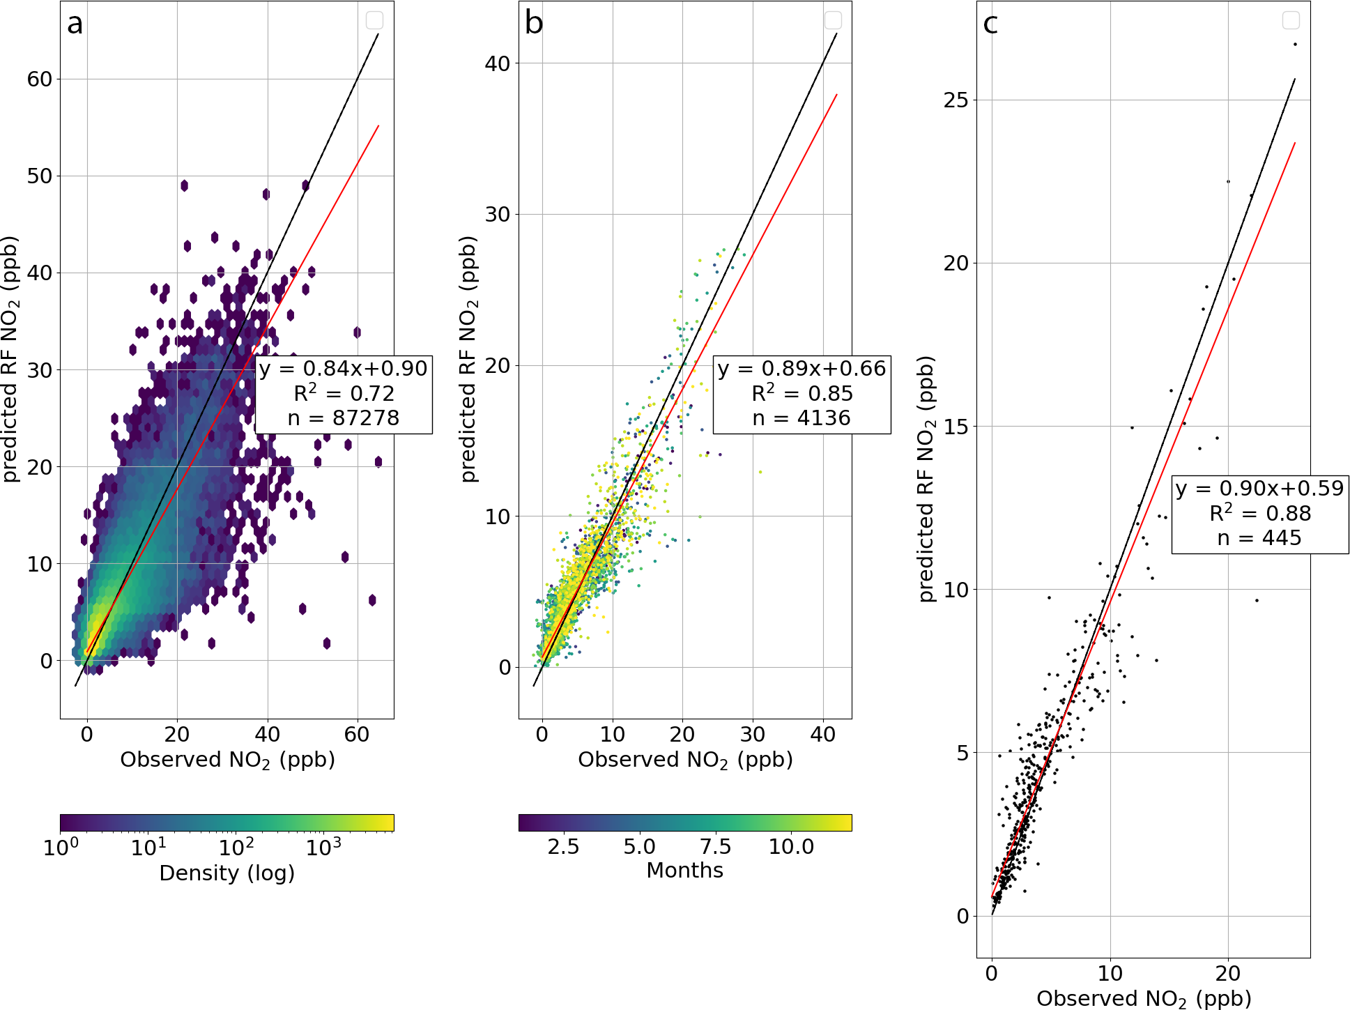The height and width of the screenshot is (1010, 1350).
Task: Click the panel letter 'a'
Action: pyautogui.click(x=75, y=24)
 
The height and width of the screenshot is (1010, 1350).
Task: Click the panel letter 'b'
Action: pyautogui.click(x=534, y=24)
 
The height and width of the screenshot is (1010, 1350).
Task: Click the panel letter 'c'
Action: pyautogui.click(x=990, y=24)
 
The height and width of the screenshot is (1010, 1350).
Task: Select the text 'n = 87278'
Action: pyautogui.click(x=344, y=418)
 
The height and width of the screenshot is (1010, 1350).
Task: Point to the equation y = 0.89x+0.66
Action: pyautogui.click(x=801, y=369)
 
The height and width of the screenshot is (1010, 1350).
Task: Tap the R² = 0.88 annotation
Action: pyautogui.click(x=1260, y=514)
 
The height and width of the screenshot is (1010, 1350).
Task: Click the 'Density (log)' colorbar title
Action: pyautogui.click(x=227, y=873)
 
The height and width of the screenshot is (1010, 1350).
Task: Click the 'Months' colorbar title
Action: pyautogui.click(x=684, y=871)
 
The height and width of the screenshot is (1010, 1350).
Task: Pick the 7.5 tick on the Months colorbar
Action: pyautogui.click(x=715, y=847)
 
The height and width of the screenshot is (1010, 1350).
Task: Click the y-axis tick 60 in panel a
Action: pyautogui.click(x=40, y=79)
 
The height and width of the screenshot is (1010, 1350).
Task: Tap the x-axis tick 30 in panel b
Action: pyautogui.click(x=753, y=735)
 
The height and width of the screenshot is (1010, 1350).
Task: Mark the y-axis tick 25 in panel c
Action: pyautogui.click(x=956, y=100)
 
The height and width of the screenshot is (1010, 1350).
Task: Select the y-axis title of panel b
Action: pyautogui.click(x=469, y=359)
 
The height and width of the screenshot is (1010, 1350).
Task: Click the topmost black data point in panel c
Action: pyautogui.click(x=1295, y=45)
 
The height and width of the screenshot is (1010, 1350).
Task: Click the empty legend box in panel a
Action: pyautogui.click(x=374, y=20)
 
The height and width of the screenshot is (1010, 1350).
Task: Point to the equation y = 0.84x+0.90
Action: pyautogui.click(x=344, y=369)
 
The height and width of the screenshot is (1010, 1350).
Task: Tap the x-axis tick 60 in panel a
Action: pyautogui.click(x=357, y=735)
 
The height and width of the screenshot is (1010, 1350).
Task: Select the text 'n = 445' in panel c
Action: pyautogui.click(x=1259, y=538)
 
